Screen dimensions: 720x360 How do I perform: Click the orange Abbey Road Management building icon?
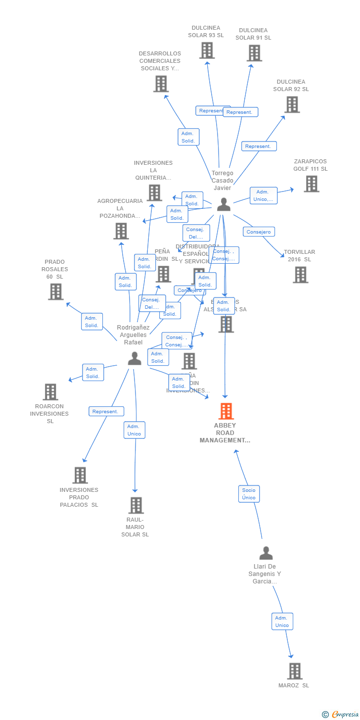(x=226, y=411)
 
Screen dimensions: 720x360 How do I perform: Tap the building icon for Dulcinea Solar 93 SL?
(x=207, y=50)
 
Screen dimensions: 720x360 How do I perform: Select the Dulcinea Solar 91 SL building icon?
(x=254, y=53)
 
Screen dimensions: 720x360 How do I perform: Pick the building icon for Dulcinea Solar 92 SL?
(x=292, y=104)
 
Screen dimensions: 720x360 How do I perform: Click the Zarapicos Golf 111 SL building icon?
(x=311, y=184)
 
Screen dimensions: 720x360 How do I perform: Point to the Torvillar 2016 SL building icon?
(x=300, y=275)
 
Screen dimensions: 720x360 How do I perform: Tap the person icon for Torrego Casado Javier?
(x=224, y=204)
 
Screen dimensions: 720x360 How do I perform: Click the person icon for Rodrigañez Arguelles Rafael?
(x=135, y=358)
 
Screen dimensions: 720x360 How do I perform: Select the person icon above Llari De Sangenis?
(x=266, y=553)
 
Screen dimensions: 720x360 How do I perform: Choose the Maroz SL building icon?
(x=295, y=671)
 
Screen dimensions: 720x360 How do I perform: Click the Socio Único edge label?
(x=249, y=494)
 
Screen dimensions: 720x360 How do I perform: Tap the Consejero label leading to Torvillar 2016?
(x=259, y=232)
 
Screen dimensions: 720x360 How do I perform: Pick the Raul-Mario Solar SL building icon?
(x=136, y=505)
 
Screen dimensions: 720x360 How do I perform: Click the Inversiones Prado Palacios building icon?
(x=80, y=475)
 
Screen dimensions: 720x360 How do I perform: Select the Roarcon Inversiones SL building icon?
(x=50, y=391)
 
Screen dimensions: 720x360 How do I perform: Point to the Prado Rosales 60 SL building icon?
(x=56, y=291)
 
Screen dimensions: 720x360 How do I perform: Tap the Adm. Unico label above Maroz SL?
(x=282, y=622)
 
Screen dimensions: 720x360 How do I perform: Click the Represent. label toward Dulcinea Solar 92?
(x=259, y=146)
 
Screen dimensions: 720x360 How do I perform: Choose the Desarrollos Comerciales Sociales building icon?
(x=161, y=84)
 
